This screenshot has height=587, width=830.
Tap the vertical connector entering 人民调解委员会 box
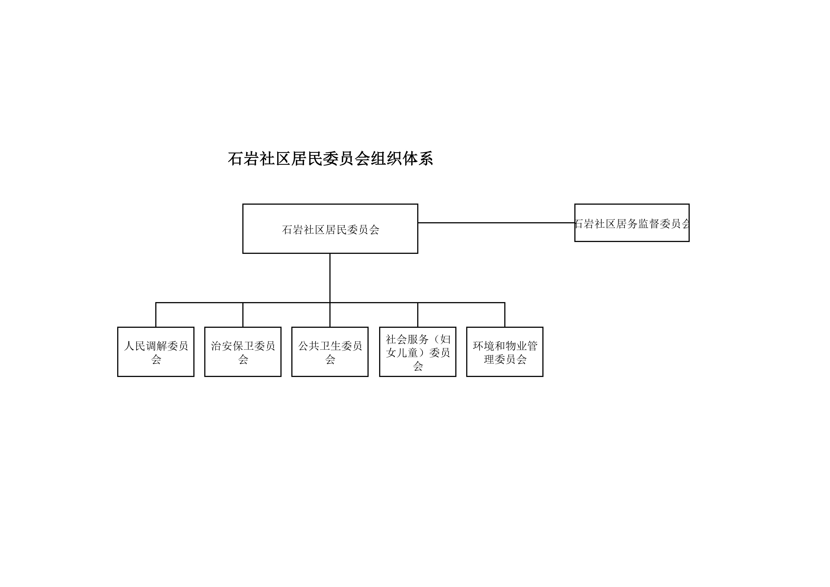[156, 315]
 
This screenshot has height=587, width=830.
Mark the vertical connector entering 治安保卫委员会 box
[243, 315]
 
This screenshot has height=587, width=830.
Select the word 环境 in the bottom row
[484, 346]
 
